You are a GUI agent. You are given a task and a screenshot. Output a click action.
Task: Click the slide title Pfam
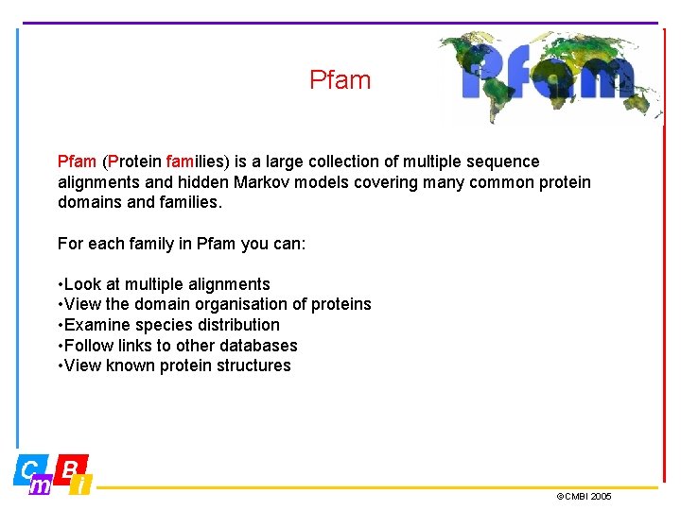(340, 80)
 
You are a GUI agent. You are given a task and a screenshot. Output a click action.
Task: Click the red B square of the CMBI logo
(71, 466)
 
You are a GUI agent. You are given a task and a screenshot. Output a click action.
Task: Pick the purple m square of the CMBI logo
(42, 485)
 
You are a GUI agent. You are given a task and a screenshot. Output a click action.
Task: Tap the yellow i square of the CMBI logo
(82, 485)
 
